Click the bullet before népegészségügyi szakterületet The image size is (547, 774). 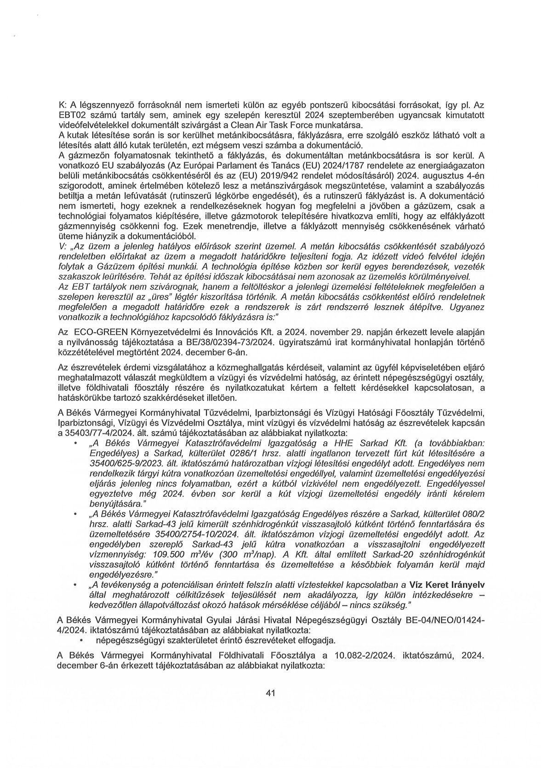point(81,640)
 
